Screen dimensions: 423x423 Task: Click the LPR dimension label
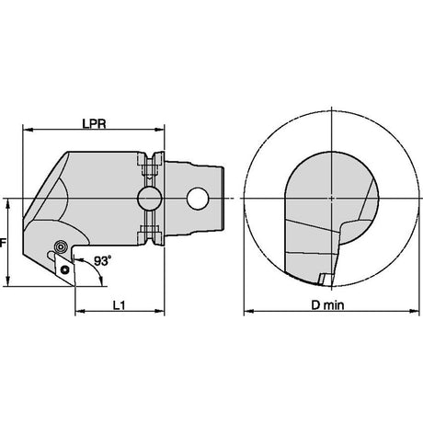(94, 123)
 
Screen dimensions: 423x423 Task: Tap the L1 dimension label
(119, 305)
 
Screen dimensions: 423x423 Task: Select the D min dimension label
(327, 305)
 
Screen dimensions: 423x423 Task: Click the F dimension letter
(3, 243)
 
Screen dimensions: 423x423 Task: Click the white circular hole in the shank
(199, 199)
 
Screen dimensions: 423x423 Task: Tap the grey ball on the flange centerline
(149, 199)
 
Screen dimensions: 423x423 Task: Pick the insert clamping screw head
(60, 246)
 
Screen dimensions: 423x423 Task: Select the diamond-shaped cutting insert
(64, 269)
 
